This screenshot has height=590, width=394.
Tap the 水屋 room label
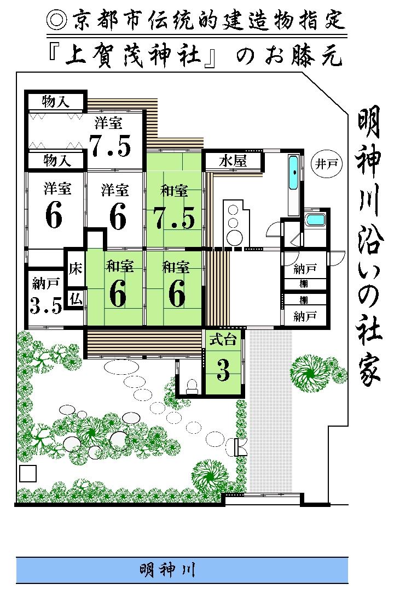click(x=233, y=161)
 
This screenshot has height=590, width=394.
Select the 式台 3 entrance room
click(x=223, y=363)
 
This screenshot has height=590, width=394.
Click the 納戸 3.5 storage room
click(x=46, y=298)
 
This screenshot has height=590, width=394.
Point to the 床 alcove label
click(x=76, y=269)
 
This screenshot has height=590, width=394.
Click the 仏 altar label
click(x=76, y=298)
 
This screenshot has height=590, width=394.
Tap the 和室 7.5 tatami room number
click(x=173, y=218)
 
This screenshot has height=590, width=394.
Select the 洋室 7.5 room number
click(x=111, y=145)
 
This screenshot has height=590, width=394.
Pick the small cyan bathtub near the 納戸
click(x=315, y=221)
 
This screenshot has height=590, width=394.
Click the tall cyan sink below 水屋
click(x=294, y=171)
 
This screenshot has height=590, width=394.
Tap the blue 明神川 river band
click(x=182, y=571)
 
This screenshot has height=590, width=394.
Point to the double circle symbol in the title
click(x=56, y=20)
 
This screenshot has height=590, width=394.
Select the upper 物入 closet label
click(x=56, y=102)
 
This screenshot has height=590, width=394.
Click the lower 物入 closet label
click(x=56, y=160)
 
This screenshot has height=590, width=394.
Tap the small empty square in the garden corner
click(x=27, y=473)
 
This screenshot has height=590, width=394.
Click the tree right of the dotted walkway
click(x=309, y=374)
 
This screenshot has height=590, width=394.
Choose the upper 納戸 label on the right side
click(x=304, y=268)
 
